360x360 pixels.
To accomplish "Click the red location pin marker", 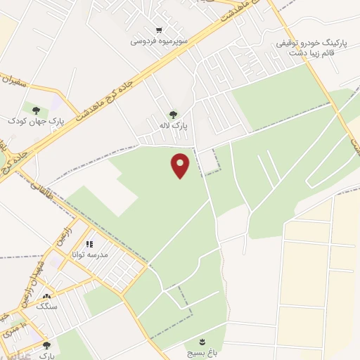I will (x=181, y=165).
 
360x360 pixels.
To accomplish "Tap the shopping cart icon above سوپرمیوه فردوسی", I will (x=160, y=30).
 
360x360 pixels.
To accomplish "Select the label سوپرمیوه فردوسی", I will (x=159, y=41).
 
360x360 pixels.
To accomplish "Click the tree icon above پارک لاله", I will (x=172, y=114).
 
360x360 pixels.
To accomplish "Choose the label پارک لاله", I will (x=180, y=125).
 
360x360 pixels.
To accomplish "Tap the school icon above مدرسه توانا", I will (x=89, y=244).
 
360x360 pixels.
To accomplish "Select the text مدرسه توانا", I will (x=93, y=255).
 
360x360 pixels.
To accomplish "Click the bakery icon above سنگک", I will (x=47, y=296).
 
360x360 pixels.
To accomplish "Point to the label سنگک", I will (x=46, y=307).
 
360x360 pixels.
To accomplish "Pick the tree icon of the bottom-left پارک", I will (x=46, y=345).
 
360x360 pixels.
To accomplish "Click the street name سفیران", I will (x=15, y=83).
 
